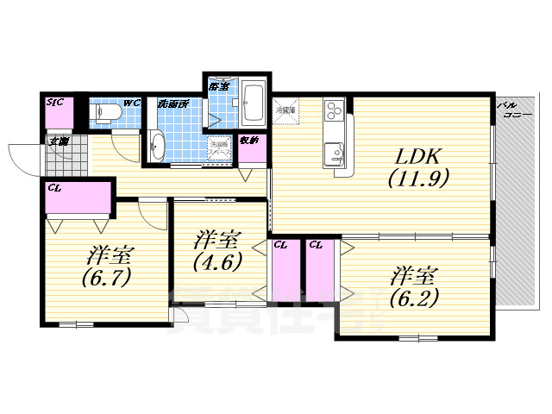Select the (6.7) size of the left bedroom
(x=105, y=279)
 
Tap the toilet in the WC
(x=105, y=113)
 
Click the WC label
(x=131, y=103)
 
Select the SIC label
(x=56, y=103)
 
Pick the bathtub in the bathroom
(x=254, y=104)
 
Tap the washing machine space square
(x=219, y=148)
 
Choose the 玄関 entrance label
(x=58, y=141)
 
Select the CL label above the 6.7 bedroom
(x=54, y=186)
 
